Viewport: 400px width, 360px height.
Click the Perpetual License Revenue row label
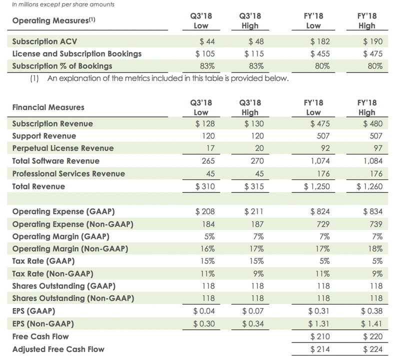click(62, 148)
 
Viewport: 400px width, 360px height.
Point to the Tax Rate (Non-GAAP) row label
click(52, 273)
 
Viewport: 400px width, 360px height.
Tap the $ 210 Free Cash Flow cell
click(318, 336)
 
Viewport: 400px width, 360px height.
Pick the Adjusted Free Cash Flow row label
click(58, 349)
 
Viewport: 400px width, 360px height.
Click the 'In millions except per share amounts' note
click(62, 4)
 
